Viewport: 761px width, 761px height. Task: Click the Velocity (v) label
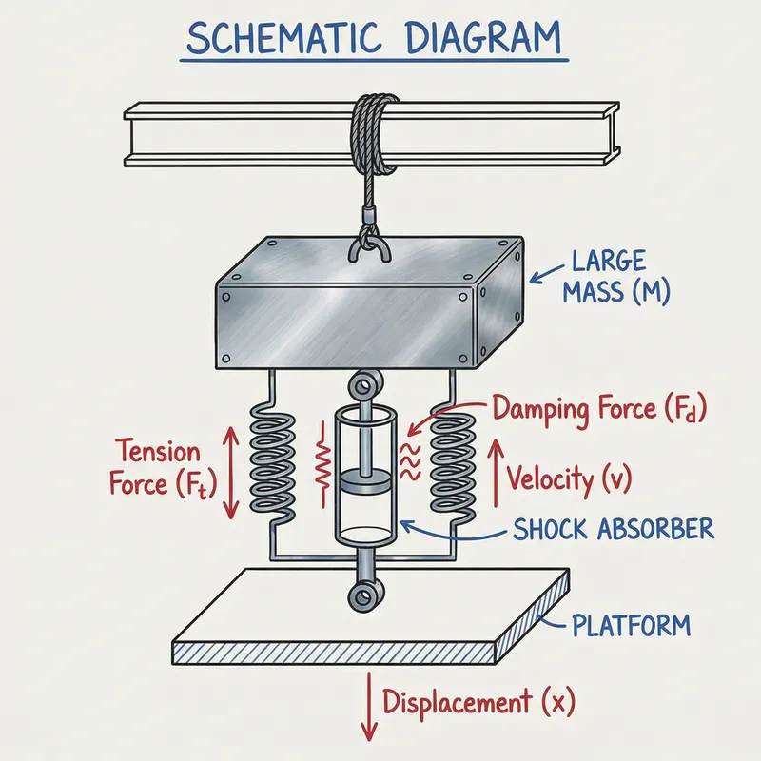(568, 477)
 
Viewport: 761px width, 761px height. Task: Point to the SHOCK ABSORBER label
(613, 529)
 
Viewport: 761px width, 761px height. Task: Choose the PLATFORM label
(631, 626)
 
